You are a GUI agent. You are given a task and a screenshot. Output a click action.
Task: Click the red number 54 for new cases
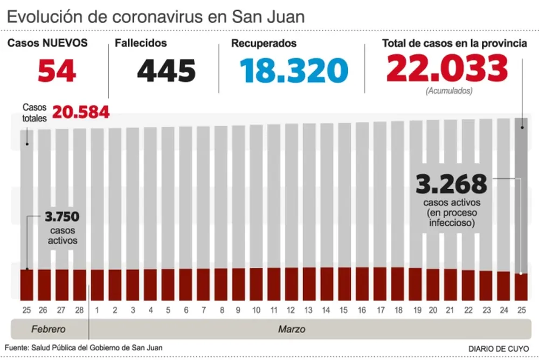pos(57,71)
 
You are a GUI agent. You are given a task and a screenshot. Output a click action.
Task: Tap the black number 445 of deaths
pos(166,71)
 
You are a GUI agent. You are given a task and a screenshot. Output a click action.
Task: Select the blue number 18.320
pos(294,71)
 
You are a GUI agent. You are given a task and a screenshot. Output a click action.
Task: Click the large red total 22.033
pos(447,68)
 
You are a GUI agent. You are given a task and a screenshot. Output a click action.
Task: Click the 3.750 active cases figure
pos(61,217)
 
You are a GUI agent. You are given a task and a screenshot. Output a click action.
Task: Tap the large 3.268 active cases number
pos(451,185)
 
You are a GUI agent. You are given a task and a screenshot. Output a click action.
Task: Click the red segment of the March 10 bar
pos(256,283)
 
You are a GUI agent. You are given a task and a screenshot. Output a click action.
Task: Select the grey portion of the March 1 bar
pos(97,199)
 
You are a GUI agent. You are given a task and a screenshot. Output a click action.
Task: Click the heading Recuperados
pos(264,43)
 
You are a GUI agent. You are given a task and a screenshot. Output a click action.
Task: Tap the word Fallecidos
pos(141,43)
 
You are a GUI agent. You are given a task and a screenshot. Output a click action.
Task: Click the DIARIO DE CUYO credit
pos(498,348)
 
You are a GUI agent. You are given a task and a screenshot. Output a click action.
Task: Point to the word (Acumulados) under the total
pos(448,91)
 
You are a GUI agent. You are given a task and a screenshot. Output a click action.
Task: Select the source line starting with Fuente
pos(84,348)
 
